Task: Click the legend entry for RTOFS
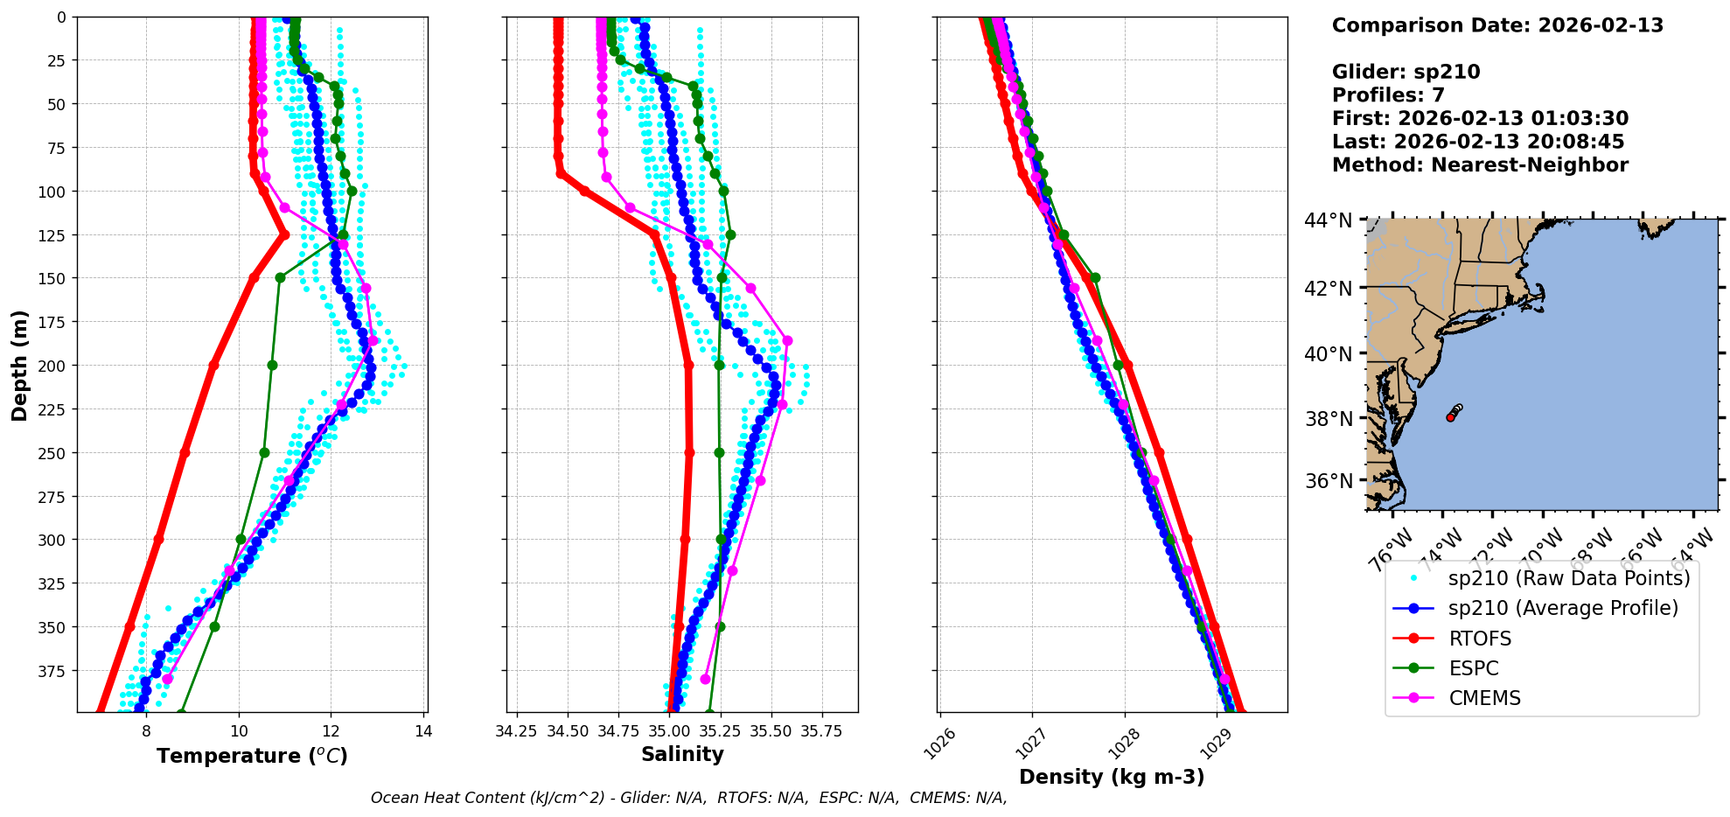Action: [1480, 639]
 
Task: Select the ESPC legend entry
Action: [1473, 668]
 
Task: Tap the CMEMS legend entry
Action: [1484, 698]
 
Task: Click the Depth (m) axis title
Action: [19, 365]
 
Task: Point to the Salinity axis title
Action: [682, 754]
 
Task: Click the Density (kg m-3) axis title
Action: [1112, 777]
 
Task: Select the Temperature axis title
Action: [252, 756]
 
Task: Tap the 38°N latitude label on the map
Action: [1329, 419]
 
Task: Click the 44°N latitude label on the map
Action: [1329, 220]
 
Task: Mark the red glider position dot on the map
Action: [1450, 417]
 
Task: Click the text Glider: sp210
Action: [1406, 72]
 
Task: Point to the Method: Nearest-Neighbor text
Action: [1480, 164]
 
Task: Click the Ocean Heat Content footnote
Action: [688, 798]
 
